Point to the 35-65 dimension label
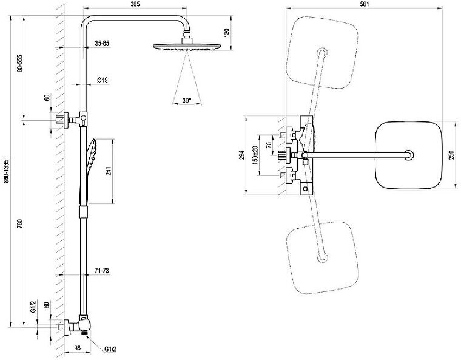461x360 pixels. click(x=101, y=44)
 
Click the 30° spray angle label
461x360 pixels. click(x=186, y=101)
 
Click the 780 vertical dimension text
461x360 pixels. click(x=21, y=223)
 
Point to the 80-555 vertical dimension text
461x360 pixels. click(x=21, y=63)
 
